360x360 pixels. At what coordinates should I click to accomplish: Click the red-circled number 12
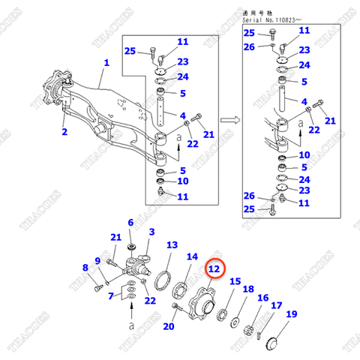tap(214, 268)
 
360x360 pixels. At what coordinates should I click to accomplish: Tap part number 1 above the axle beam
tap(106, 64)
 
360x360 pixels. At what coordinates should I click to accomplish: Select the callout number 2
tap(64, 132)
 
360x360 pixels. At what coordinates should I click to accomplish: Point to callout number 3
tap(151, 232)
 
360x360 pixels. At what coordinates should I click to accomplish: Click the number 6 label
tap(130, 223)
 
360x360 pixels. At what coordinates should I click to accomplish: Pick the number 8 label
tap(85, 267)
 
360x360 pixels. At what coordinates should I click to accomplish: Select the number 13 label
tap(172, 245)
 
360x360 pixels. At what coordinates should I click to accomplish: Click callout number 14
tap(193, 257)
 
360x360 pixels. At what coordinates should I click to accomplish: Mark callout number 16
tap(262, 298)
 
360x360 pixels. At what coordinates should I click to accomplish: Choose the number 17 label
tap(276, 306)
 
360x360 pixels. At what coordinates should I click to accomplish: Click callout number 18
tap(248, 289)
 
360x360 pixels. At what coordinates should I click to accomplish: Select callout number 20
tap(168, 326)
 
